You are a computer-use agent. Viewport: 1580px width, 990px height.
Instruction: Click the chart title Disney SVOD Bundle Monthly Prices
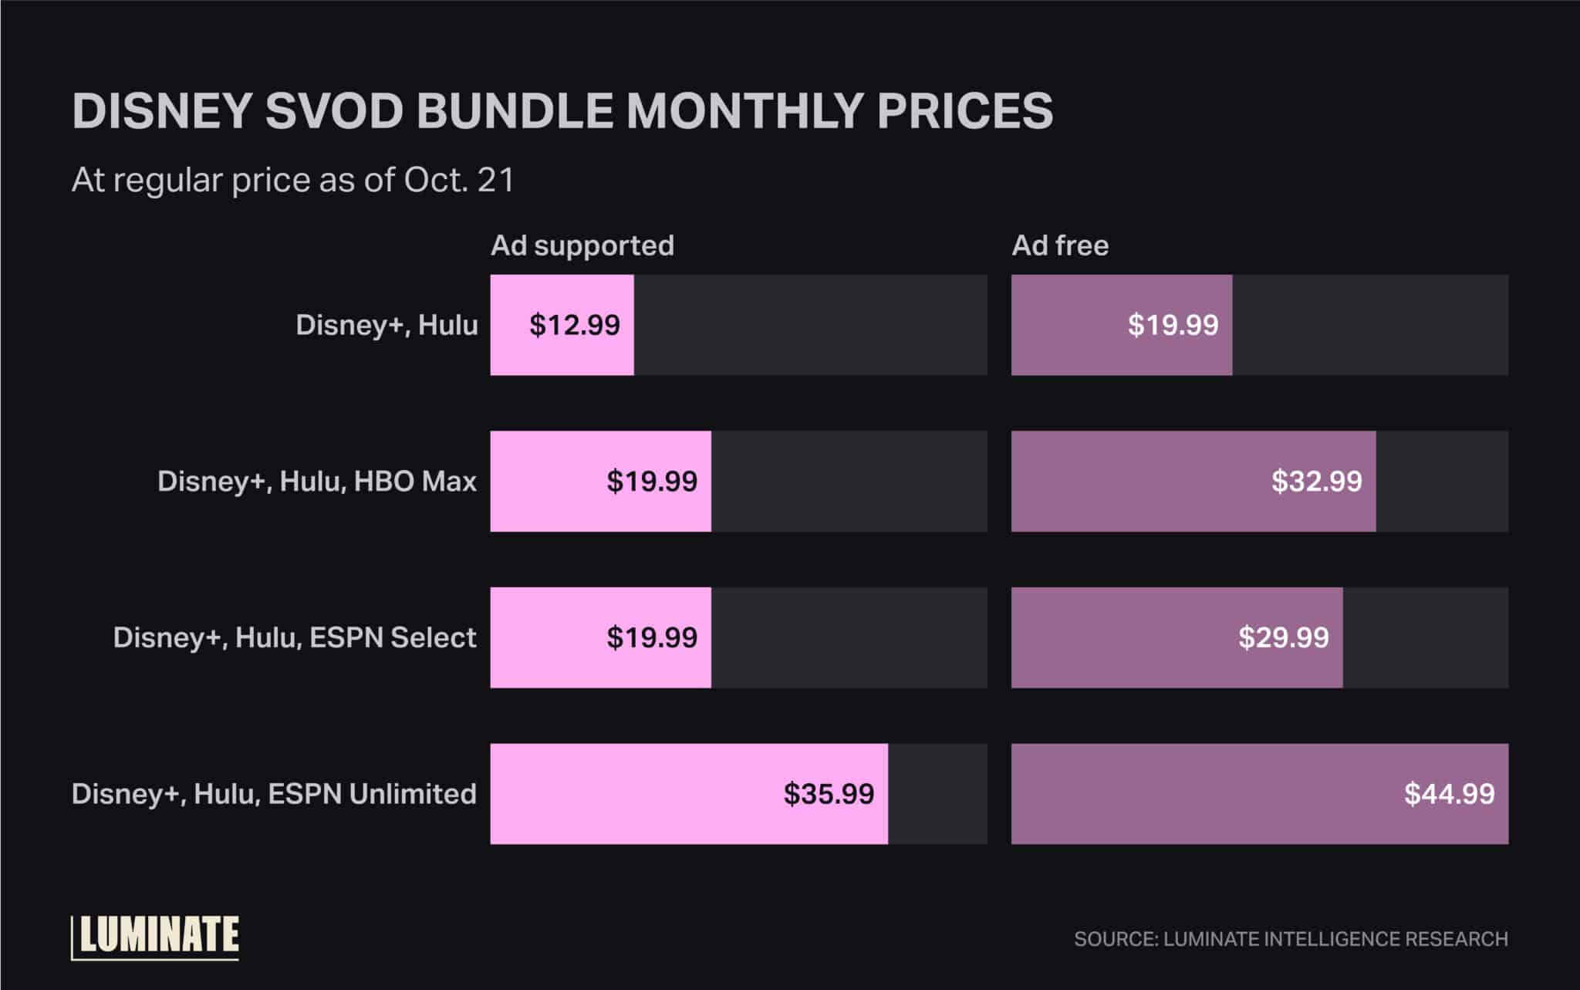(562, 111)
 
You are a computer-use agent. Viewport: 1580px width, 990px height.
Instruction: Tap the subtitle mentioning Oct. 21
(292, 181)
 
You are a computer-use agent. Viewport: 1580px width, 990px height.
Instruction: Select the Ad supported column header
(582, 245)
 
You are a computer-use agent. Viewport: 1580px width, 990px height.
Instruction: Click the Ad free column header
(1060, 245)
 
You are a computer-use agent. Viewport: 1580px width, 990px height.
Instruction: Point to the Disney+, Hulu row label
(387, 325)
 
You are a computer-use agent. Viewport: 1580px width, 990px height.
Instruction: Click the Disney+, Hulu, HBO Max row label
(317, 481)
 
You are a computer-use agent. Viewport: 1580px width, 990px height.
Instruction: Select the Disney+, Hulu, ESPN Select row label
(295, 637)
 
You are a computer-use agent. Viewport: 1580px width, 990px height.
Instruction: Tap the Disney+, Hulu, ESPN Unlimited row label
(274, 794)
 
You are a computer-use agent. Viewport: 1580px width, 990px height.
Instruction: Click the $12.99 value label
(575, 325)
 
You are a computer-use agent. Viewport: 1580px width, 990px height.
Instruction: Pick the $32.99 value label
(1317, 481)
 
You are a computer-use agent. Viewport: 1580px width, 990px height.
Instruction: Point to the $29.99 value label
(1284, 637)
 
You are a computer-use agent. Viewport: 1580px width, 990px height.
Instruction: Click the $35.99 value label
(829, 794)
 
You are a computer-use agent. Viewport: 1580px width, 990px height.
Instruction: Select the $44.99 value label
(1449, 794)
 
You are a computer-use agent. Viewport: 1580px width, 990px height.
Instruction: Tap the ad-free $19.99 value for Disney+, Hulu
(1173, 325)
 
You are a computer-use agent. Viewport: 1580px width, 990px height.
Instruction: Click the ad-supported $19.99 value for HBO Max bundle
(652, 481)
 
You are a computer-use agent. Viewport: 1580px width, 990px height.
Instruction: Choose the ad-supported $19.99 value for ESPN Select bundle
(652, 637)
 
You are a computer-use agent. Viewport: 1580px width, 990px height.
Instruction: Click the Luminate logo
(156, 937)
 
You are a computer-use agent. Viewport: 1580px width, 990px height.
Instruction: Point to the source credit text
(1291, 939)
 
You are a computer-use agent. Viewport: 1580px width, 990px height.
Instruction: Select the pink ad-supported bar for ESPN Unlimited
(633, 794)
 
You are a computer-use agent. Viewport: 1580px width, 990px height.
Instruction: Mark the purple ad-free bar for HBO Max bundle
(1142, 481)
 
